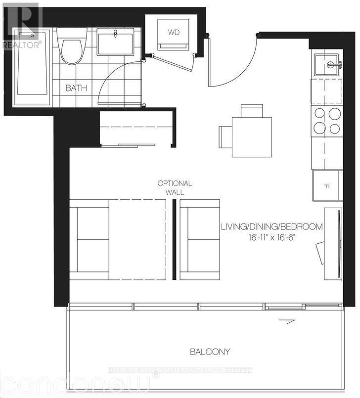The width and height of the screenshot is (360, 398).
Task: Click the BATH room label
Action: [76, 88]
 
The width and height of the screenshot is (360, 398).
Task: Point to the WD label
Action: [174, 33]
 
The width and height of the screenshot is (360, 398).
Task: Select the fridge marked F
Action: [327, 185]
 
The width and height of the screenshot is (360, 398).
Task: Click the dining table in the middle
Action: [252, 137]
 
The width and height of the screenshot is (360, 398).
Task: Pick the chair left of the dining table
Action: [225, 136]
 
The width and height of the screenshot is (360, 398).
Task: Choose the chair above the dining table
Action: [252, 110]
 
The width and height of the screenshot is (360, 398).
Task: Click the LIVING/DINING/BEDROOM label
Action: [272, 227]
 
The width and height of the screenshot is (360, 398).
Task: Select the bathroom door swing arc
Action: [111, 79]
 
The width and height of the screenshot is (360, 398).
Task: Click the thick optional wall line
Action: [174, 239]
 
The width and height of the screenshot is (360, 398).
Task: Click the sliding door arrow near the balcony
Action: [283, 322]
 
